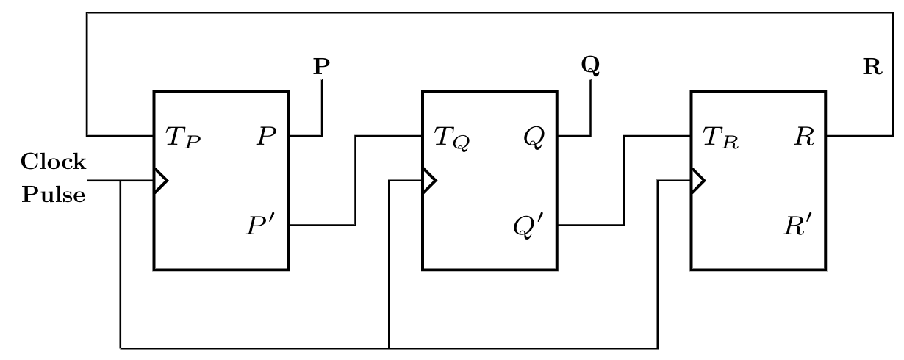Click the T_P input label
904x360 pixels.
(182, 137)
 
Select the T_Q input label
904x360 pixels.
(451, 137)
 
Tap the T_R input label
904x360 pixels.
(720, 137)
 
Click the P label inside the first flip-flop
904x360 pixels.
(266, 137)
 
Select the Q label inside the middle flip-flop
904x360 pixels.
(534, 137)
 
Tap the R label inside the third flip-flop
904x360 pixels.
(804, 137)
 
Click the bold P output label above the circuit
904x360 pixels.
(321, 67)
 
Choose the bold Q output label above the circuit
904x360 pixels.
(590, 66)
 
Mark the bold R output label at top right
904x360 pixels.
(872, 68)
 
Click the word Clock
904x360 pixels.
(53, 162)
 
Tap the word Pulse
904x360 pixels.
(53, 195)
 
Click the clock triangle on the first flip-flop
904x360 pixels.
(160, 180)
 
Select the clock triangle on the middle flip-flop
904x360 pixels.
(428, 180)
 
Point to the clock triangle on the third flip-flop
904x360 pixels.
(697, 180)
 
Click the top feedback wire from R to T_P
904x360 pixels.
(485, 12)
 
